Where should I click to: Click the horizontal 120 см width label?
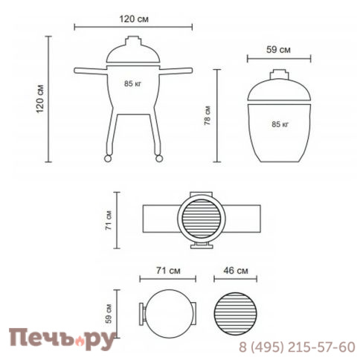pyautogui.click(x=134, y=19)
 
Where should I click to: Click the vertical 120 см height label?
pyautogui.click(x=40, y=99)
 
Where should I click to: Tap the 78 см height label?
pyautogui.click(x=208, y=115)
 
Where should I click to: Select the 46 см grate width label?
pyautogui.click(x=236, y=271)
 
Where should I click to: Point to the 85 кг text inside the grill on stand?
pyautogui.click(x=132, y=83)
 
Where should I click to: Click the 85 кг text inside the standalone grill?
pyautogui.click(x=280, y=124)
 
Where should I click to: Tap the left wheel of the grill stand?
pyautogui.click(x=108, y=158)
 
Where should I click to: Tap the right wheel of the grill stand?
pyautogui.click(x=158, y=158)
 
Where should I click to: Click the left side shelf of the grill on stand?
pyautogui.click(x=91, y=71)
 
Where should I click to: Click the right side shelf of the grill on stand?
pyautogui.click(x=176, y=71)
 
